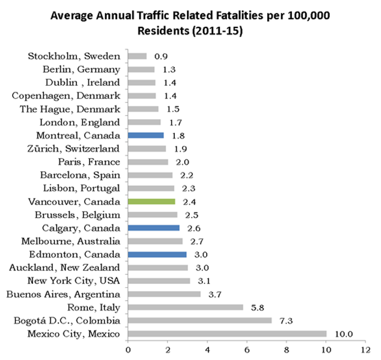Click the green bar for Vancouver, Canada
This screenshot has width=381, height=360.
click(152, 201)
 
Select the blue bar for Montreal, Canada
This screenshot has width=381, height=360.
click(146, 135)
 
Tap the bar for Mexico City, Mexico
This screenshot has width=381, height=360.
click(227, 334)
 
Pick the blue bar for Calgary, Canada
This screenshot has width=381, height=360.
click(154, 228)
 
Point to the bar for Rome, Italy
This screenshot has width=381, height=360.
click(185, 307)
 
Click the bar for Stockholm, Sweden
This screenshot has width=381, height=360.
click(137, 56)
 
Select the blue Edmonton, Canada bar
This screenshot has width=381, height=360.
click(157, 254)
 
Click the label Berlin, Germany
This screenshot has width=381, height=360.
click(81, 69)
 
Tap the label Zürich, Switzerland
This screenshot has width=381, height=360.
click(74, 148)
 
